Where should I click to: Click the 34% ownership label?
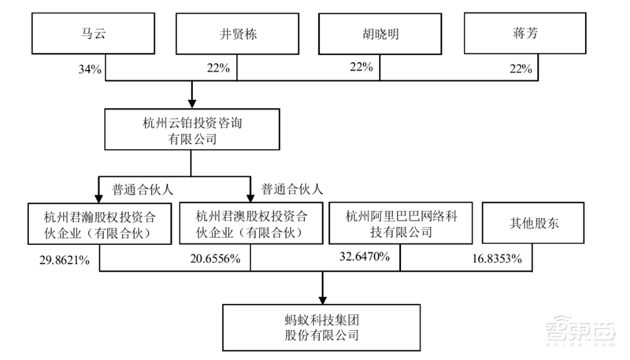[88, 69]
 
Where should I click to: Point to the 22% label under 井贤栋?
[218, 69]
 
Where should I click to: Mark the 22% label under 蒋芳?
[521, 69]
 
